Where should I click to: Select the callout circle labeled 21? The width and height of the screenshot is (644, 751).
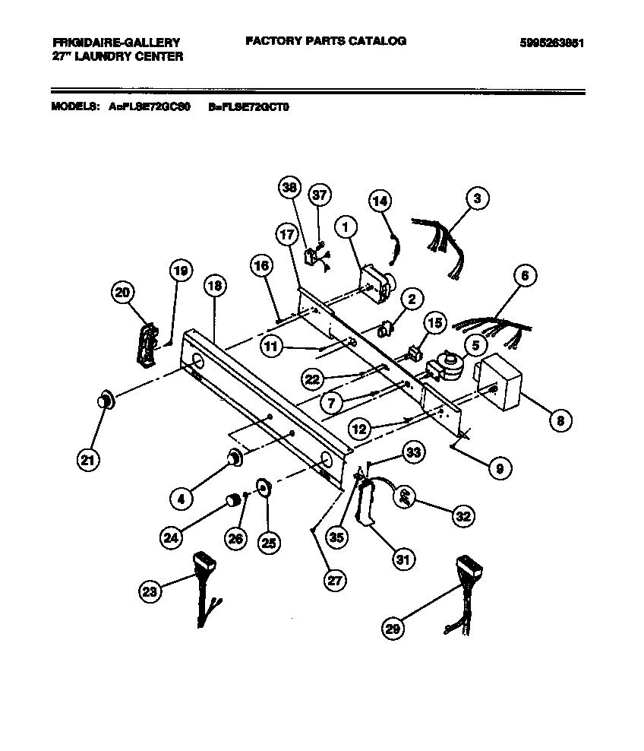click(89, 458)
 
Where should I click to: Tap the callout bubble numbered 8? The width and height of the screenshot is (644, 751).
click(559, 419)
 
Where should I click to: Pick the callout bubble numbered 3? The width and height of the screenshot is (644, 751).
click(476, 200)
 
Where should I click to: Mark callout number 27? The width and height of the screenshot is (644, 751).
click(333, 579)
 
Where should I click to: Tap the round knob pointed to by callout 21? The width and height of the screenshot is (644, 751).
click(106, 400)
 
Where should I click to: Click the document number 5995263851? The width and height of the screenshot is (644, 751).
click(551, 43)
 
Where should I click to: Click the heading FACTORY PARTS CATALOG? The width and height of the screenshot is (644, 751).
click(325, 41)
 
